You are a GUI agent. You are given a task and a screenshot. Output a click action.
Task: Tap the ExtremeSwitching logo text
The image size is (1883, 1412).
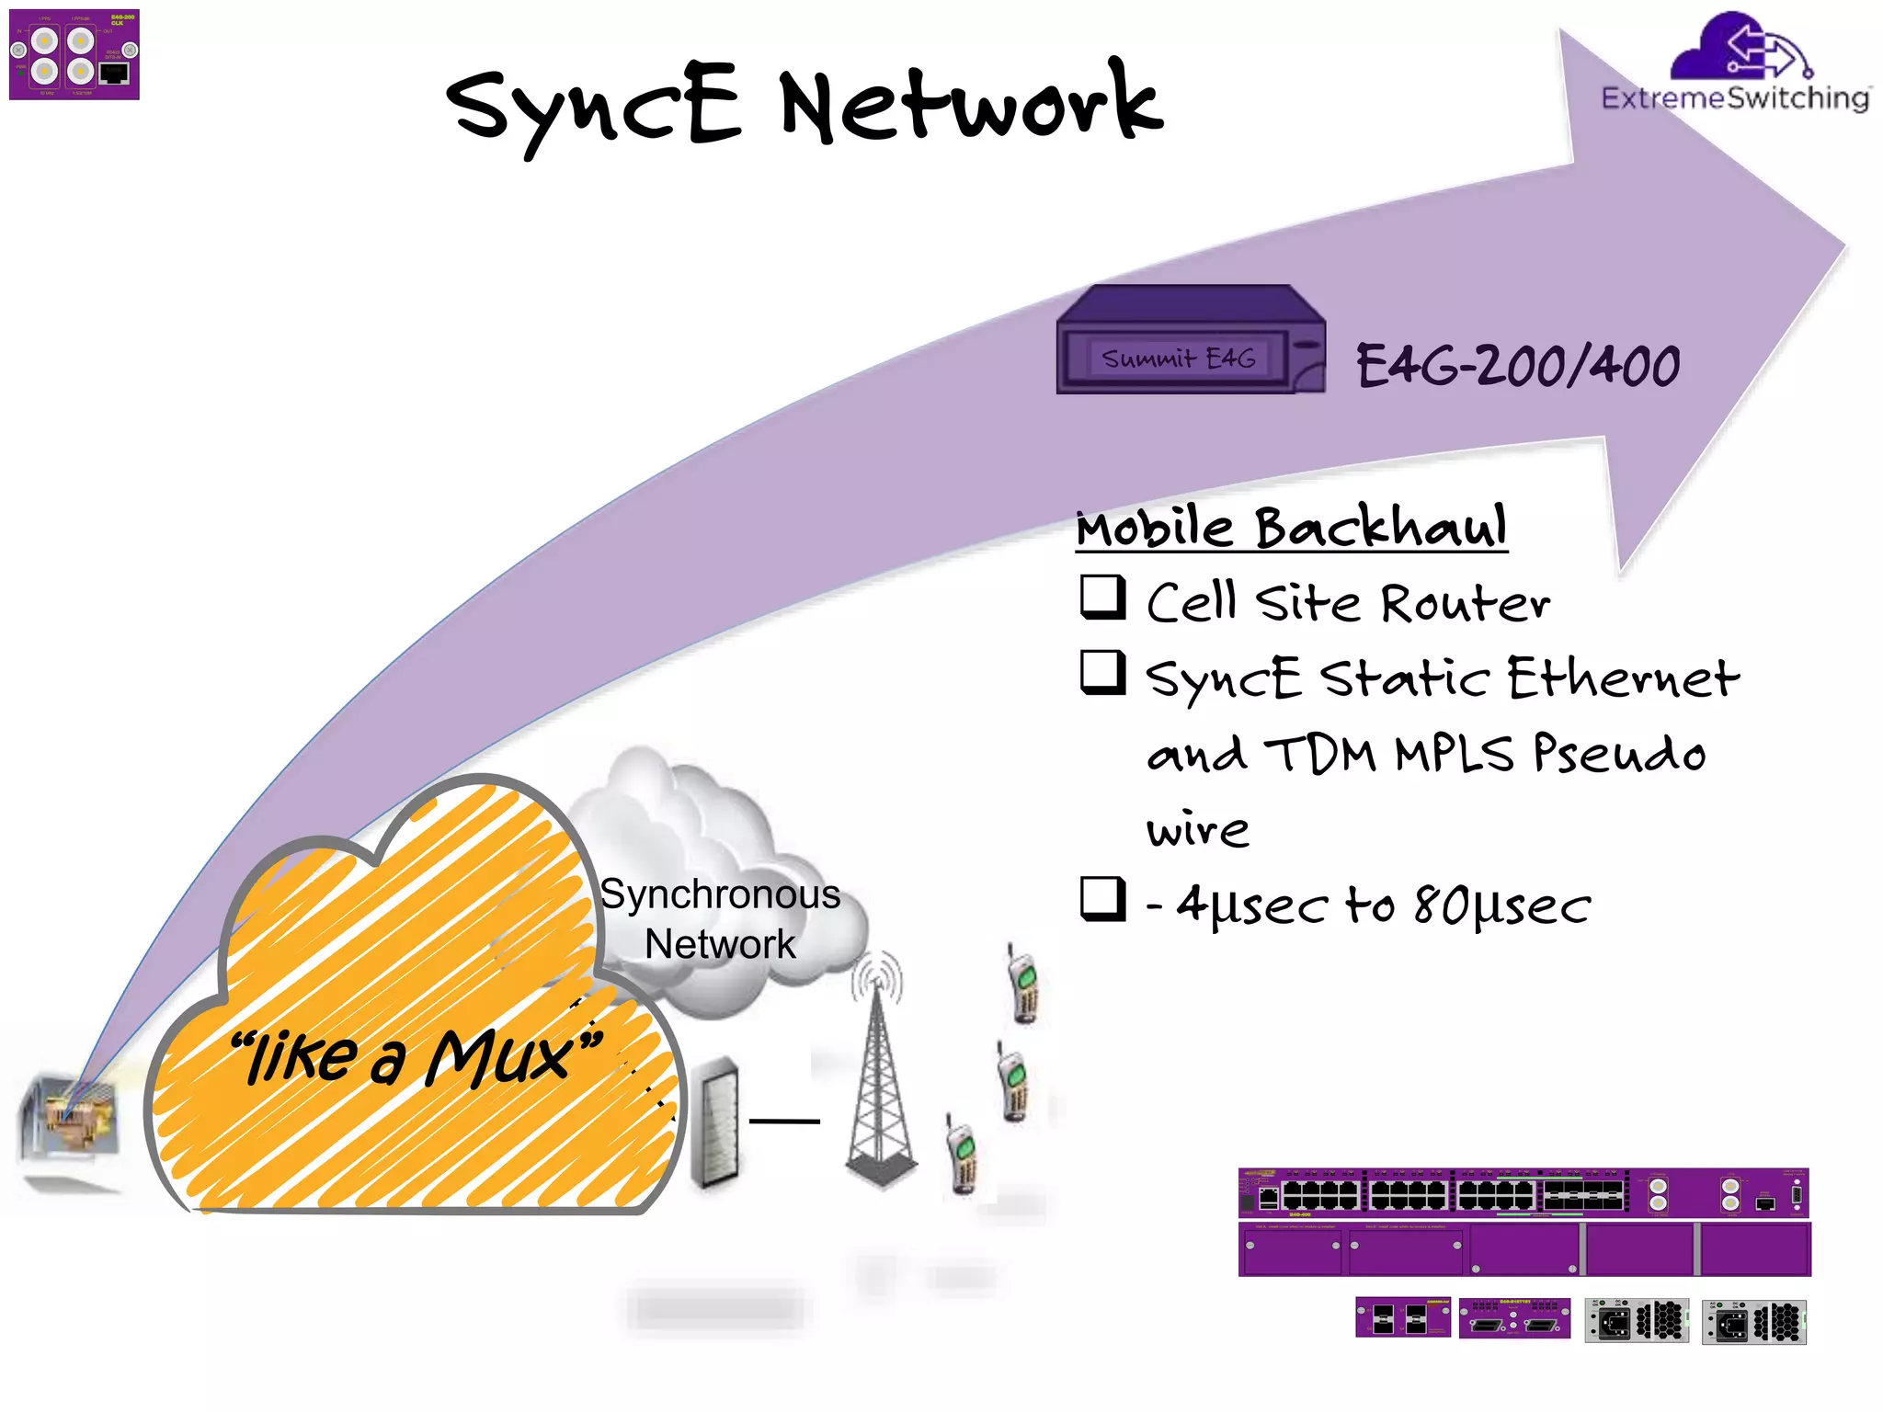coord(1734,98)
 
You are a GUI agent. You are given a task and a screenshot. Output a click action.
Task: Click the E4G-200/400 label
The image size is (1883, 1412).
coord(1517,366)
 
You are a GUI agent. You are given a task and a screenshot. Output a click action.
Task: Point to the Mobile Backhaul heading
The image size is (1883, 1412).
coord(1291,528)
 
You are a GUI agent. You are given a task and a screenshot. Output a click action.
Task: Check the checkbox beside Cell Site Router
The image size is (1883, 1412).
coord(1102,598)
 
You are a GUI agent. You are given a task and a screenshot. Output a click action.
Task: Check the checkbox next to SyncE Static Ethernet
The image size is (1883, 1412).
coord(1102,673)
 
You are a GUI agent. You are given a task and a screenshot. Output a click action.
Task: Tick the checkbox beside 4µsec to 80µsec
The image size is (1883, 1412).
coord(1102,898)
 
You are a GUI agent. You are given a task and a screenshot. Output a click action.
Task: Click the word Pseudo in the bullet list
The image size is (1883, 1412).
coord(1618,754)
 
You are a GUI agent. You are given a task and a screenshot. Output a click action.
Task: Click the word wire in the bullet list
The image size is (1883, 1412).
coord(1197,830)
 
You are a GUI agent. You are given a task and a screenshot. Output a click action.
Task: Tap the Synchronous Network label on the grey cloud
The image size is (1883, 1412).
coord(720,918)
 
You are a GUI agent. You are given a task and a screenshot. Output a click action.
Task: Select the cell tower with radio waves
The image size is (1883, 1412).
coord(879,1076)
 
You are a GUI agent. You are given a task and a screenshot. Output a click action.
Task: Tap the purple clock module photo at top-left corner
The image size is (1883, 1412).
coord(74,55)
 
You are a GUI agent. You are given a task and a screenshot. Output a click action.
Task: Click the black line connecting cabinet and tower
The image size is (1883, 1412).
coord(784,1121)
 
